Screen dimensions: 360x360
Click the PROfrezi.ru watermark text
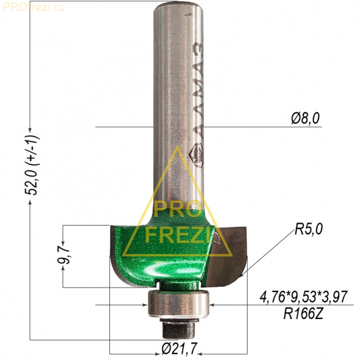click(x=33, y=7)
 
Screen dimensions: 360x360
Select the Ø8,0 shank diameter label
click(x=306, y=119)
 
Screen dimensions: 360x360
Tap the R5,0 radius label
click(x=309, y=229)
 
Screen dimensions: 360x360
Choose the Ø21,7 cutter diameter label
click(x=179, y=349)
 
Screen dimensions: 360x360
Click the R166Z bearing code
click(x=304, y=314)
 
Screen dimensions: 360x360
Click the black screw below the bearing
click(x=178, y=329)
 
